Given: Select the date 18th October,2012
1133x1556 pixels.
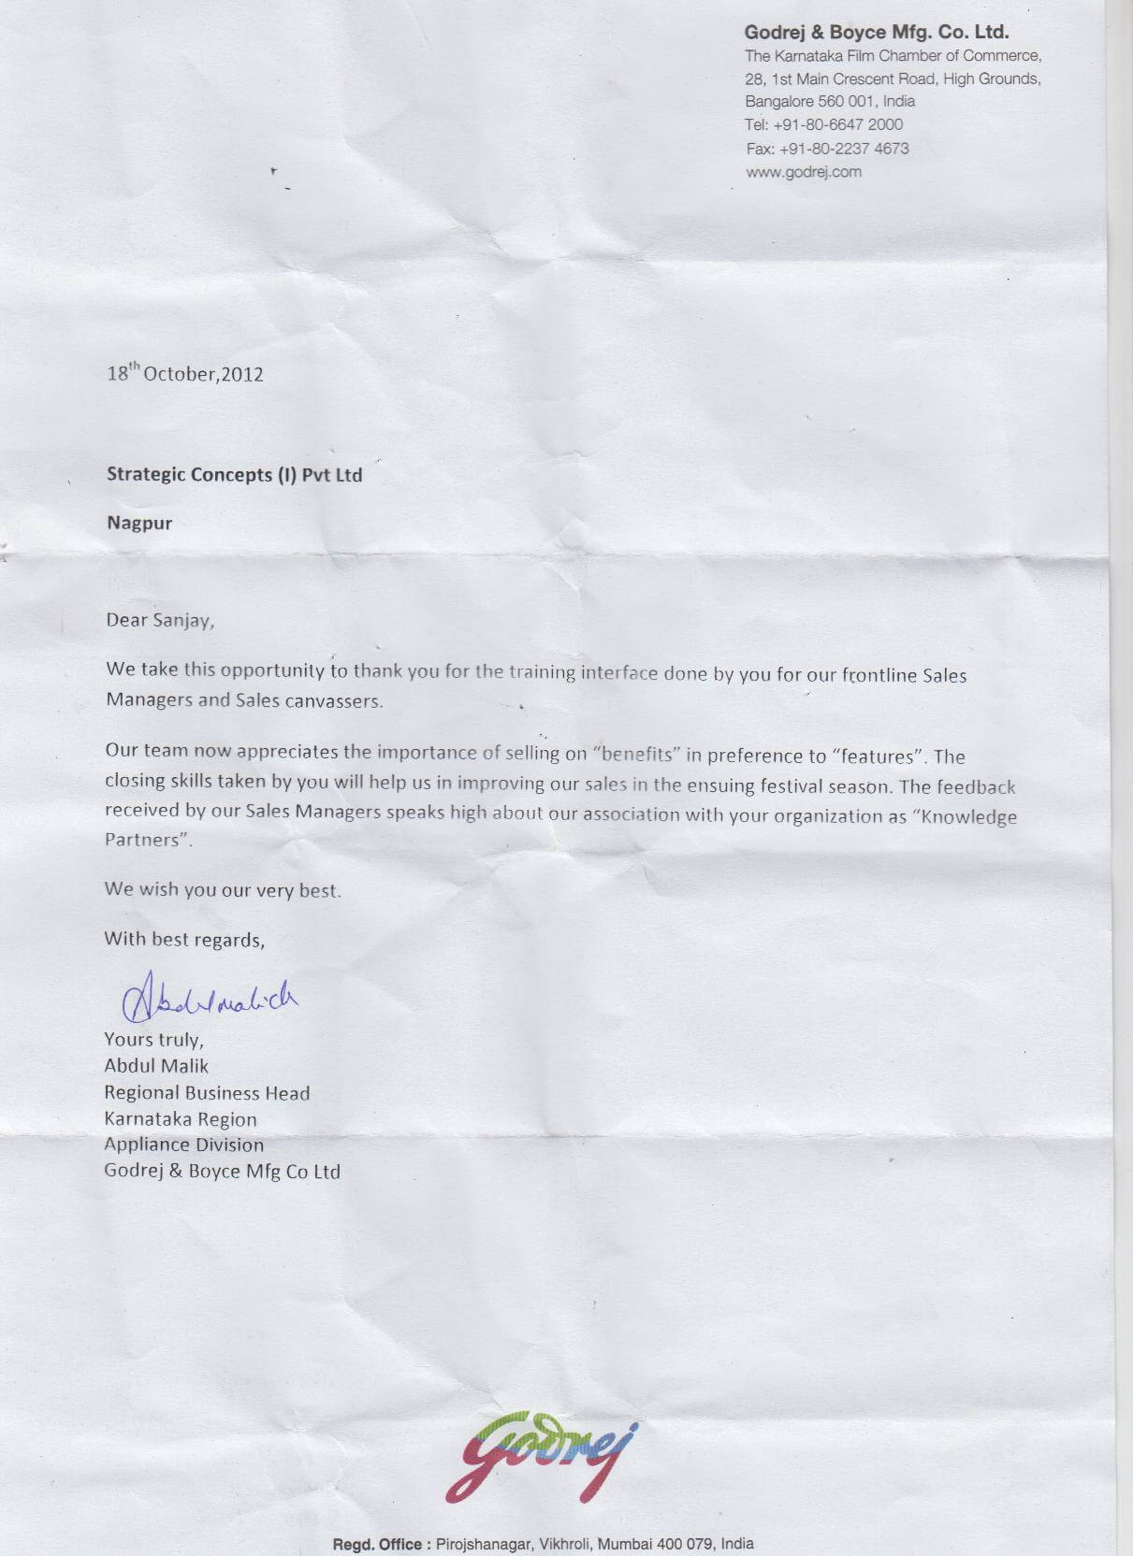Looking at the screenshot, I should coord(185,374).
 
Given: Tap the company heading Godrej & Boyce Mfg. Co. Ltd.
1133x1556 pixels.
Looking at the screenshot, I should coord(876,33).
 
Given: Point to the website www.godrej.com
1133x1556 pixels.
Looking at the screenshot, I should coord(803,172).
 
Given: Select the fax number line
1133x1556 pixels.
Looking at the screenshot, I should coord(827,149).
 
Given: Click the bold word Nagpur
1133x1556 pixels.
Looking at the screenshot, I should coord(139,523).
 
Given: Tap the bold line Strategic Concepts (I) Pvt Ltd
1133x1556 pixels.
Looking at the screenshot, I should coord(234,475).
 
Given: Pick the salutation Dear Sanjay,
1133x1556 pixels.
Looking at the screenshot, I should coord(160,620).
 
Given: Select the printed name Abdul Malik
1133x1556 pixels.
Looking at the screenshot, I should coord(156,1066).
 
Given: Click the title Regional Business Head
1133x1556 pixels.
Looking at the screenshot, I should coord(207,1092).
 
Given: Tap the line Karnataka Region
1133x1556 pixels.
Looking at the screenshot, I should coord(181,1119).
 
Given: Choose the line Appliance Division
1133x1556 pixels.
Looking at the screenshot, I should coord(183,1145).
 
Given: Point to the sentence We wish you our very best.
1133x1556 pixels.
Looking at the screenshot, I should coord(223,889).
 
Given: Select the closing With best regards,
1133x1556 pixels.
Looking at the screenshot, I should coord(184,939).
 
